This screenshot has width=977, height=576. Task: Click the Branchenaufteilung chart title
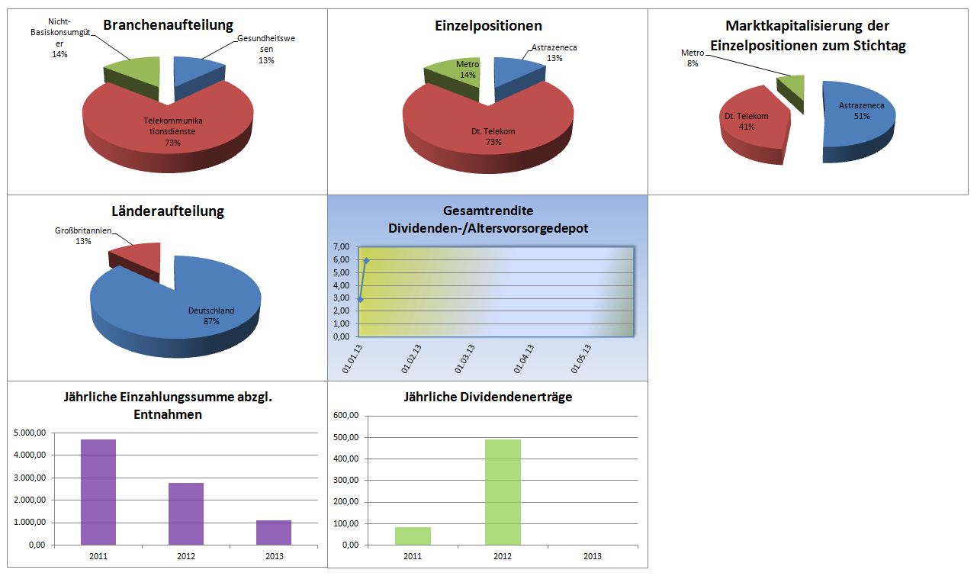pos(168,26)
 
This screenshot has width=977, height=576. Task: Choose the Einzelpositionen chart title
pos(488,26)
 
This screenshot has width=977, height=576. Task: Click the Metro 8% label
pos(693,58)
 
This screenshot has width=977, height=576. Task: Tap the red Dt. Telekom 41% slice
pos(751,126)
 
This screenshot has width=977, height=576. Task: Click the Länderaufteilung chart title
pos(168,211)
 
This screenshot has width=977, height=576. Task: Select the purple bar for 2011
pos(98,491)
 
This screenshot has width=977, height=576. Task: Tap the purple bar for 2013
pos(273,533)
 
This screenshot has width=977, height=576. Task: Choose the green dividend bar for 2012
pos(503,492)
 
